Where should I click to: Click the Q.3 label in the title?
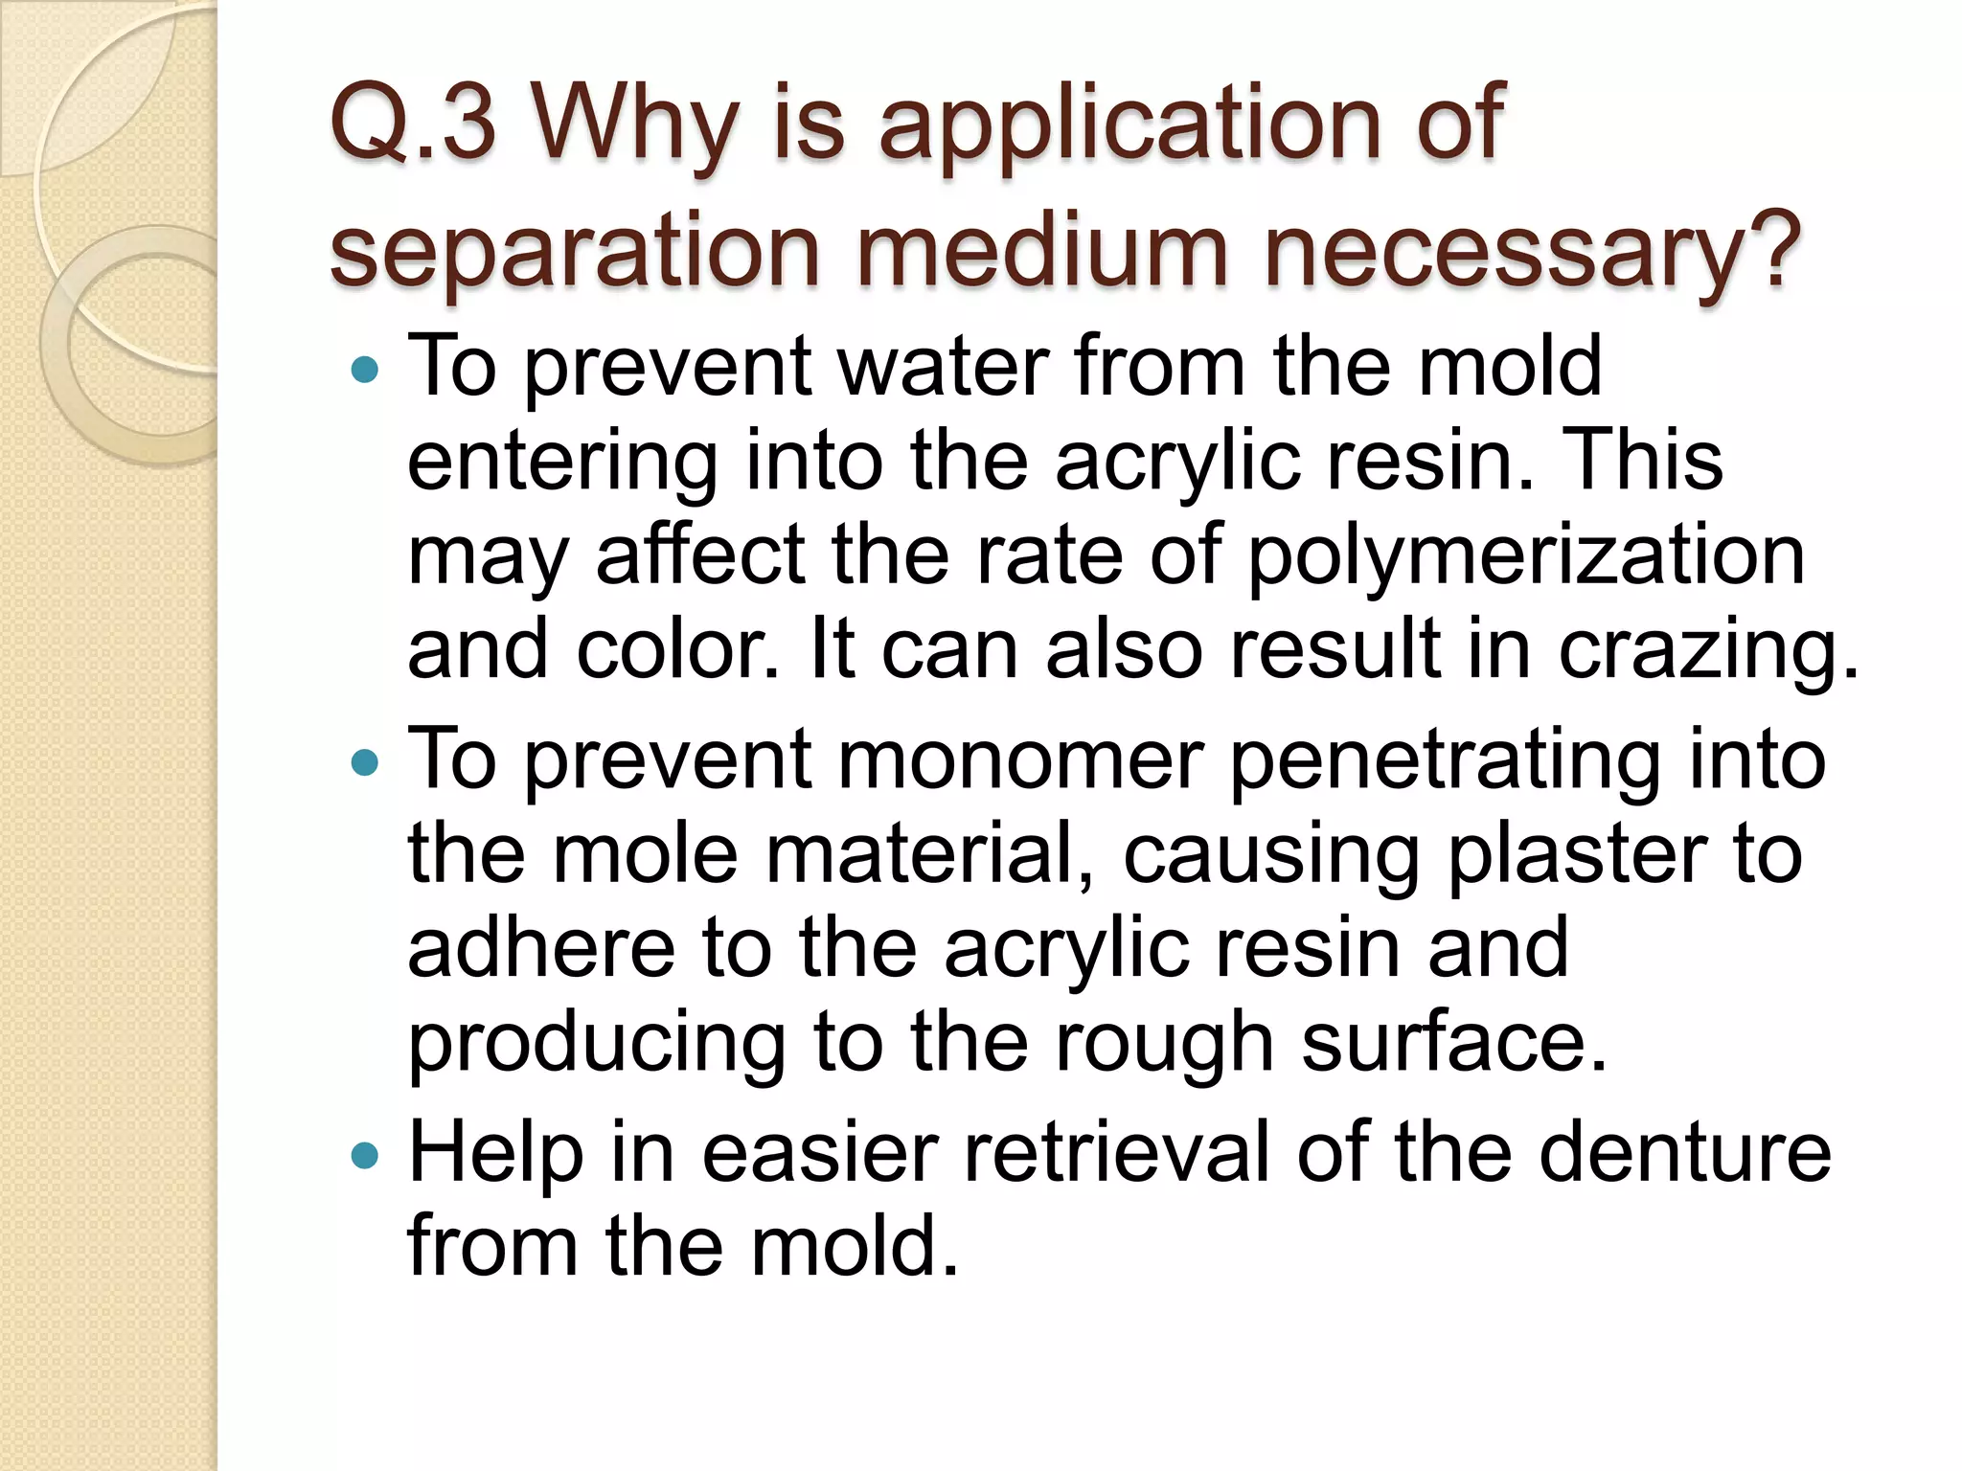click(413, 124)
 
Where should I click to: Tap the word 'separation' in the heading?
click(575, 251)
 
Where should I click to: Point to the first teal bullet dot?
click(365, 369)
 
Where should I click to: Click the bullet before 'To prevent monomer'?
click(365, 762)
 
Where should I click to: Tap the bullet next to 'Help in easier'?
click(365, 1155)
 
